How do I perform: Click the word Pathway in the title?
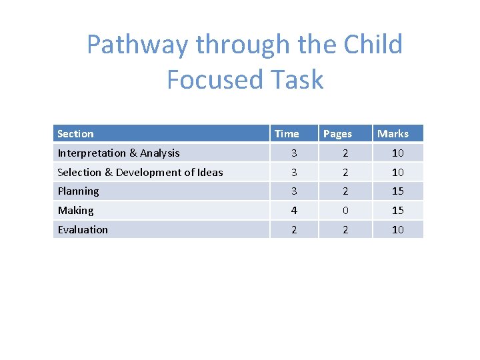tap(137, 45)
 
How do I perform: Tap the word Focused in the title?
tap(208, 80)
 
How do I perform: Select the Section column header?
tap(75, 134)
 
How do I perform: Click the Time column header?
tap(287, 134)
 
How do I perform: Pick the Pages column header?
tap(337, 134)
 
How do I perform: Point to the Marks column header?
tap(393, 134)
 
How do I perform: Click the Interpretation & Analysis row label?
tap(119, 153)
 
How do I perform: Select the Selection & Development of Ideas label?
tap(140, 173)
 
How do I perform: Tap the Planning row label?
tap(78, 191)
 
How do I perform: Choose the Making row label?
tap(75, 211)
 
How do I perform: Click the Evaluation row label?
tap(83, 230)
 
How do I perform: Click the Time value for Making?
tap(294, 211)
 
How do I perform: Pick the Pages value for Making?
tap(345, 211)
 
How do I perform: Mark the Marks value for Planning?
tap(398, 191)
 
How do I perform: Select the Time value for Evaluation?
tap(294, 230)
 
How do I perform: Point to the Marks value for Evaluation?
tap(398, 230)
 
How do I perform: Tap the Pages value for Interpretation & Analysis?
tap(345, 153)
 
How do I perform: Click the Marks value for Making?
tap(398, 211)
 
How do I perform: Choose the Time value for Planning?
tap(294, 191)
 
